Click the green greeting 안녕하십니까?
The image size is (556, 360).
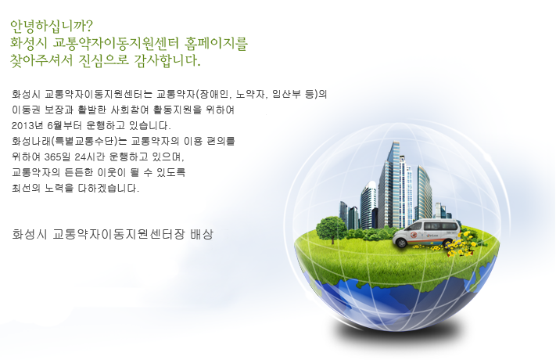pos(52,27)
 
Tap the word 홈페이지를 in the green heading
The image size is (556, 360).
pos(216,44)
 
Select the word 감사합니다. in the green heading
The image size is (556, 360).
pos(167,60)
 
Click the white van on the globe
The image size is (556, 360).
pos(426,233)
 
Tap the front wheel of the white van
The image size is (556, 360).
pos(402,243)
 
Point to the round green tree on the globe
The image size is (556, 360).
pos(332,229)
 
